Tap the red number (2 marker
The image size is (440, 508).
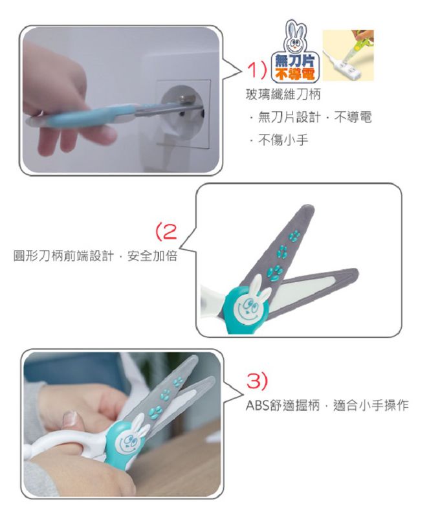pyautogui.click(x=166, y=230)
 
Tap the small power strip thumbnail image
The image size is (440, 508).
pyautogui.click(x=348, y=56)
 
